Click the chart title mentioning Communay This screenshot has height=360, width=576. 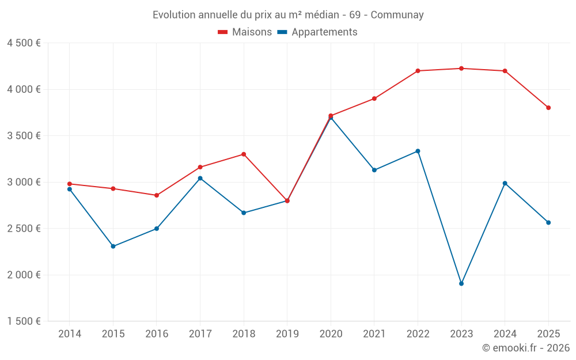(x=288, y=15)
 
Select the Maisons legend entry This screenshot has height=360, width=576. (x=245, y=32)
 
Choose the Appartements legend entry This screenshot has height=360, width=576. (x=317, y=32)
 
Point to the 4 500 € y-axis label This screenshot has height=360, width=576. (x=24, y=43)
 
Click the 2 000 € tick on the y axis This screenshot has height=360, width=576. (x=24, y=275)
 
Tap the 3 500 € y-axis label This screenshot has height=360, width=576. (x=24, y=136)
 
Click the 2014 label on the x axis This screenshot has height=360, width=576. (x=70, y=334)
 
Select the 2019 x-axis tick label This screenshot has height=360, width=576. (x=287, y=334)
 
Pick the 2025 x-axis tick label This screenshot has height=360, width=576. (x=548, y=334)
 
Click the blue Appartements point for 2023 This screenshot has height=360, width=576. (x=461, y=283)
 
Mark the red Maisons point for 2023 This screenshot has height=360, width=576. (x=461, y=69)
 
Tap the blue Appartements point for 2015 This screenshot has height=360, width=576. (x=113, y=247)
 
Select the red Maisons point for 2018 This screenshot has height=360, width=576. (x=244, y=154)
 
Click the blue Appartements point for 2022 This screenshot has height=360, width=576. (x=418, y=151)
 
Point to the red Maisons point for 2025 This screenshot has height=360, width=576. (x=548, y=108)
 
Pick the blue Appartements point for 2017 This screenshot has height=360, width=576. (x=200, y=178)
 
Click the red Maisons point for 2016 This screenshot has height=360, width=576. (x=157, y=195)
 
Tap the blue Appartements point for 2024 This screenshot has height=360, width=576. (x=505, y=183)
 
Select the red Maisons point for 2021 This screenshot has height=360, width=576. (x=374, y=98)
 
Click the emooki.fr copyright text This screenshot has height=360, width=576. (x=525, y=348)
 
